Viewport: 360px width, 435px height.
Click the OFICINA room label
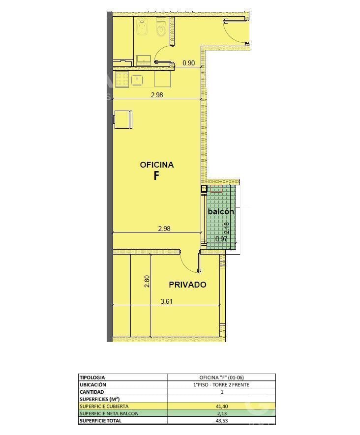157,165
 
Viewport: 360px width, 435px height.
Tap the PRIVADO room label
188,285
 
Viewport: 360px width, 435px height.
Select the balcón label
221,211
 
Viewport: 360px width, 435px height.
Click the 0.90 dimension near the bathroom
188,63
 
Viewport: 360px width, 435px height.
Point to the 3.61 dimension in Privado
167,301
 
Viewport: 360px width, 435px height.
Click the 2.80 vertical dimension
147,281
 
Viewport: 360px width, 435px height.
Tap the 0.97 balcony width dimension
221,238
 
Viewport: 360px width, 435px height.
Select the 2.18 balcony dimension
227,228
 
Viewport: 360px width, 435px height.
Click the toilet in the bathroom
161,27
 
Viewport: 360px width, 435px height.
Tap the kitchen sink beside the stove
137,80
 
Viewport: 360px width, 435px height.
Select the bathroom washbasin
144,60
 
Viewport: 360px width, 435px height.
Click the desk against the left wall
122,119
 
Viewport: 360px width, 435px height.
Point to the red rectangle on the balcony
216,189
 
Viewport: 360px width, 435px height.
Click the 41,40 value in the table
221,406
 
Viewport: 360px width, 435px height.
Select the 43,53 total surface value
221,421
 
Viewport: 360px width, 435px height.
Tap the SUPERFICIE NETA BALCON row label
109,413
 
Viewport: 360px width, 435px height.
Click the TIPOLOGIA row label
92,377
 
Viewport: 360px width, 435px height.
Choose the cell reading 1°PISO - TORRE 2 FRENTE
221,385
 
